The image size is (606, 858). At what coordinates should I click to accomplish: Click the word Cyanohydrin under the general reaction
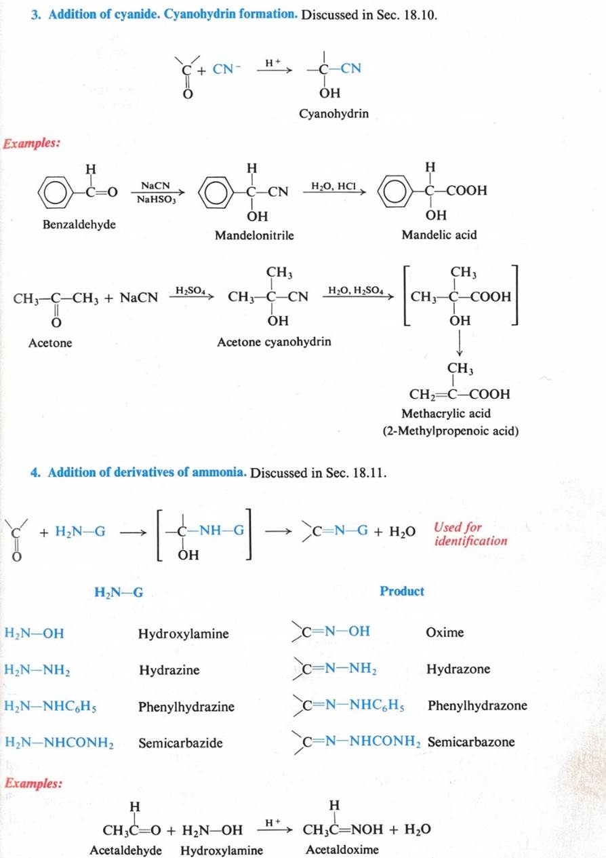tap(334, 114)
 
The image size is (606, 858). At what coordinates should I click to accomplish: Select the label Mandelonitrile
tap(254, 235)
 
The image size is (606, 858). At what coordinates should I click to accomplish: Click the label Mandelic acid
tap(439, 235)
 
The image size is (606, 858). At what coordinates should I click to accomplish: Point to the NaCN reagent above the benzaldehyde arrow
tap(155, 185)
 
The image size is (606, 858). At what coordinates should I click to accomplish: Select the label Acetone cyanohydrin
tap(274, 342)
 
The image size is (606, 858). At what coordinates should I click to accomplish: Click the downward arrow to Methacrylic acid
tap(460, 347)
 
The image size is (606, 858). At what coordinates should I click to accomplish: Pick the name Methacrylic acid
tap(446, 413)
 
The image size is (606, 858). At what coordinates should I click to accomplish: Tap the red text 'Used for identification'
tap(470, 534)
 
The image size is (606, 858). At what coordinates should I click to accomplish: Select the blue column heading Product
tap(402, 591)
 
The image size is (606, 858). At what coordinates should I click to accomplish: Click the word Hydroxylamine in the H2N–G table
tap(183, 634)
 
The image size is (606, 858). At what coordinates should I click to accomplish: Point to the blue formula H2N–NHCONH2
tap(59, 743)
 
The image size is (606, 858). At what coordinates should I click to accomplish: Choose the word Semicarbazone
tap(470, 742)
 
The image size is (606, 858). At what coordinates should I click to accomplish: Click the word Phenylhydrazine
tap(186, 707)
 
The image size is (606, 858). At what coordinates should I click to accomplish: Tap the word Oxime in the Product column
tap(445, 633)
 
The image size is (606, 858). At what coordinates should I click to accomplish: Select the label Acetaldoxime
tap(342, 850)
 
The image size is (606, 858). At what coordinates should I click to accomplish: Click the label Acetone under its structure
tap(50, 343)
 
